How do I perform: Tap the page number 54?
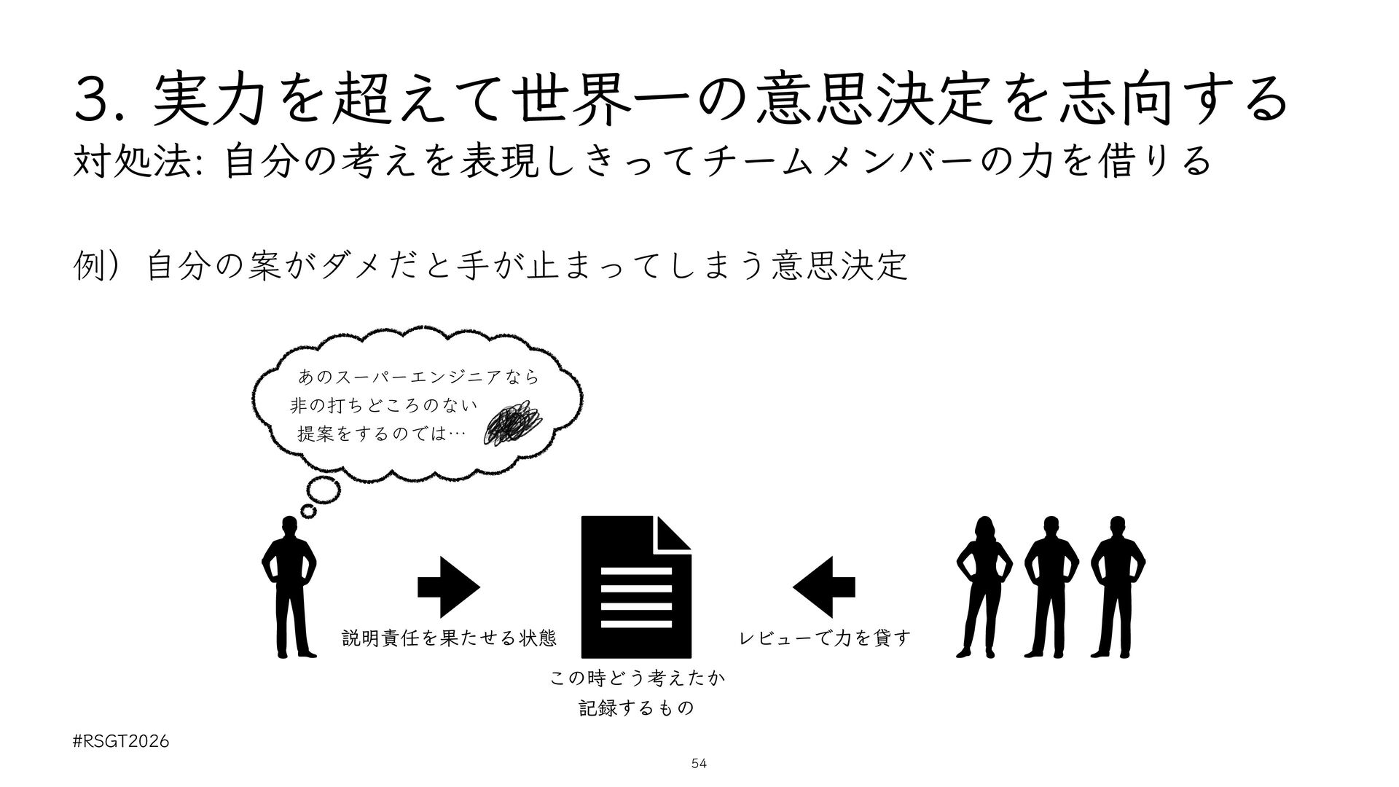(x=699, y=764)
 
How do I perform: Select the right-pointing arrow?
(x=449, y=587)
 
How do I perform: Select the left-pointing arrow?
(x=823, y=587)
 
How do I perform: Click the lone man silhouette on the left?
(x=290, y=587)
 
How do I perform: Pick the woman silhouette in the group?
(x=984, y=587)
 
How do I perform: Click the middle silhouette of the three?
(x=1051, y=587)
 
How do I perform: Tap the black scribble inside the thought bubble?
(x=514, y=423)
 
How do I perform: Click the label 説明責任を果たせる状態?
(x=449, y=639)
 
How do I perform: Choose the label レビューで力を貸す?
(x=825, y=639)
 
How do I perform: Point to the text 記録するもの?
(x=636, y=708)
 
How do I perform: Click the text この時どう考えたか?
(x=636, y=679)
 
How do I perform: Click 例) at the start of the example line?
(x=95, y=267)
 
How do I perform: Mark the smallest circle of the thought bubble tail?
(x=309, y=511)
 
